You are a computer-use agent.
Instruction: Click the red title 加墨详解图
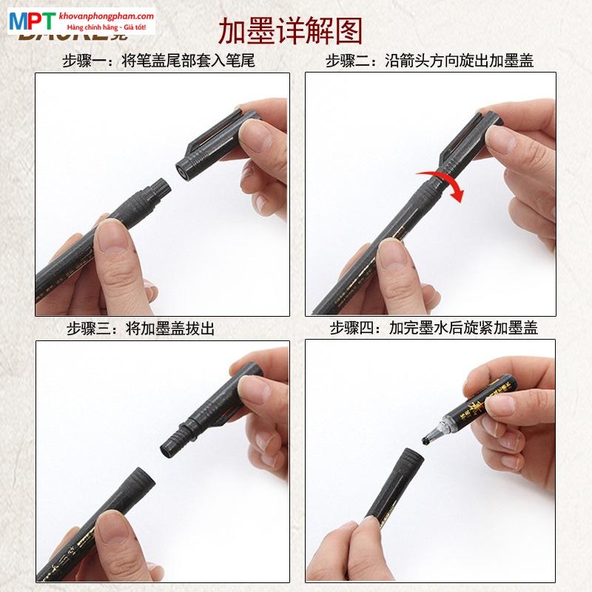[x=290, y=31]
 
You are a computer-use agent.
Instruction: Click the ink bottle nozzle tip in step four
[x=428, y=442]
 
